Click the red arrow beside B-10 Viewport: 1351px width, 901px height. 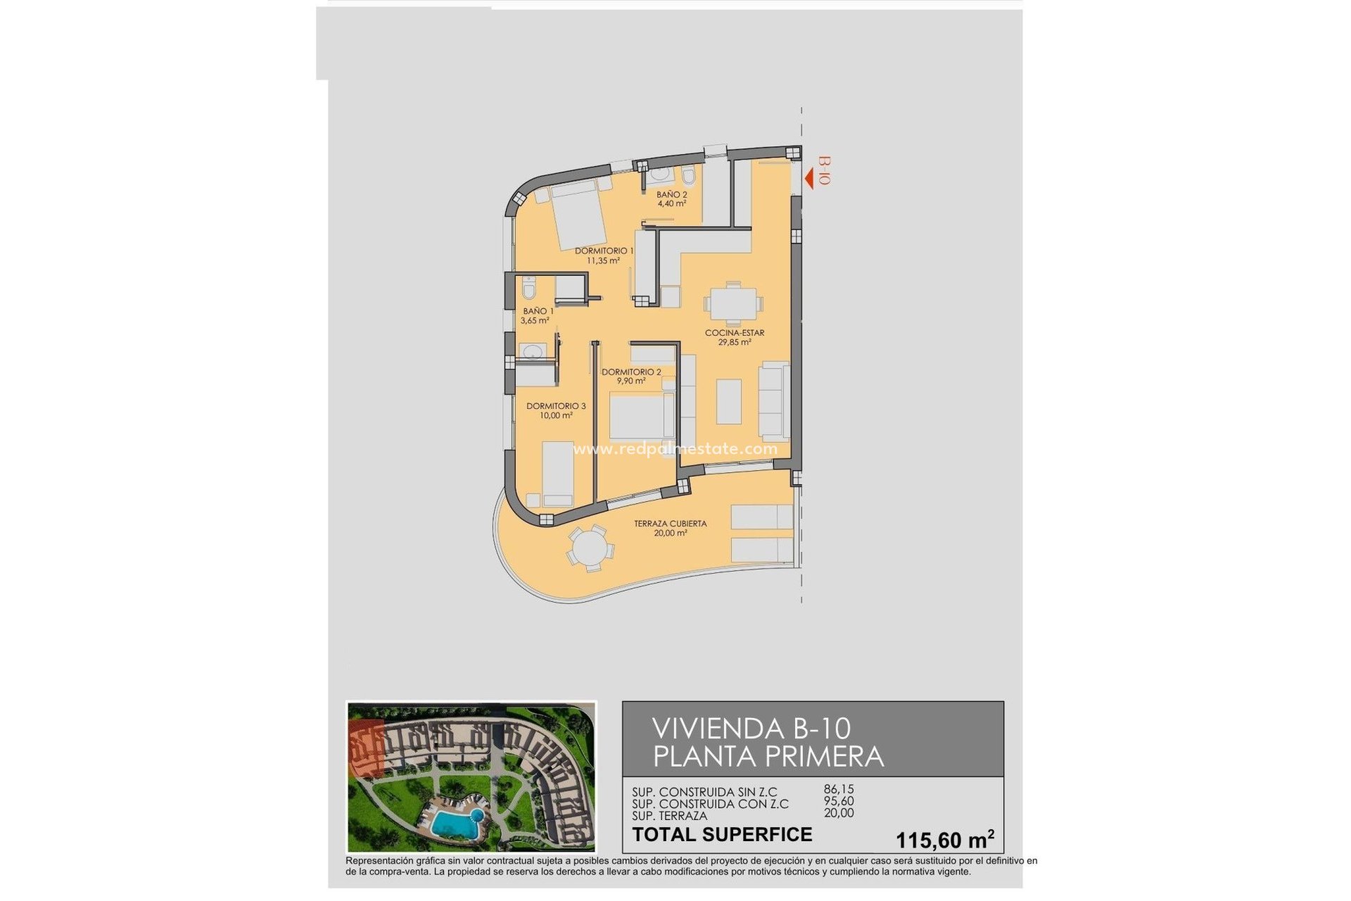(809, 178)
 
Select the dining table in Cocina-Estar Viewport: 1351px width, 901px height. (732, 305)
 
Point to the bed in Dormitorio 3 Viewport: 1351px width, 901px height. (558, 473)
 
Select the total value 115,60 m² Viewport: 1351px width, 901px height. (944, 839)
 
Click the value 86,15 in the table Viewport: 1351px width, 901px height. (839, 790)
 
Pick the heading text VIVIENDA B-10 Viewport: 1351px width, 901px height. (751, 729)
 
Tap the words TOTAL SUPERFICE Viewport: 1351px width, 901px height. (722, 835)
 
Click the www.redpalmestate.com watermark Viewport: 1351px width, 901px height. (675, 448)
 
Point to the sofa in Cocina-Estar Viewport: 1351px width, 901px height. (774, 401)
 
